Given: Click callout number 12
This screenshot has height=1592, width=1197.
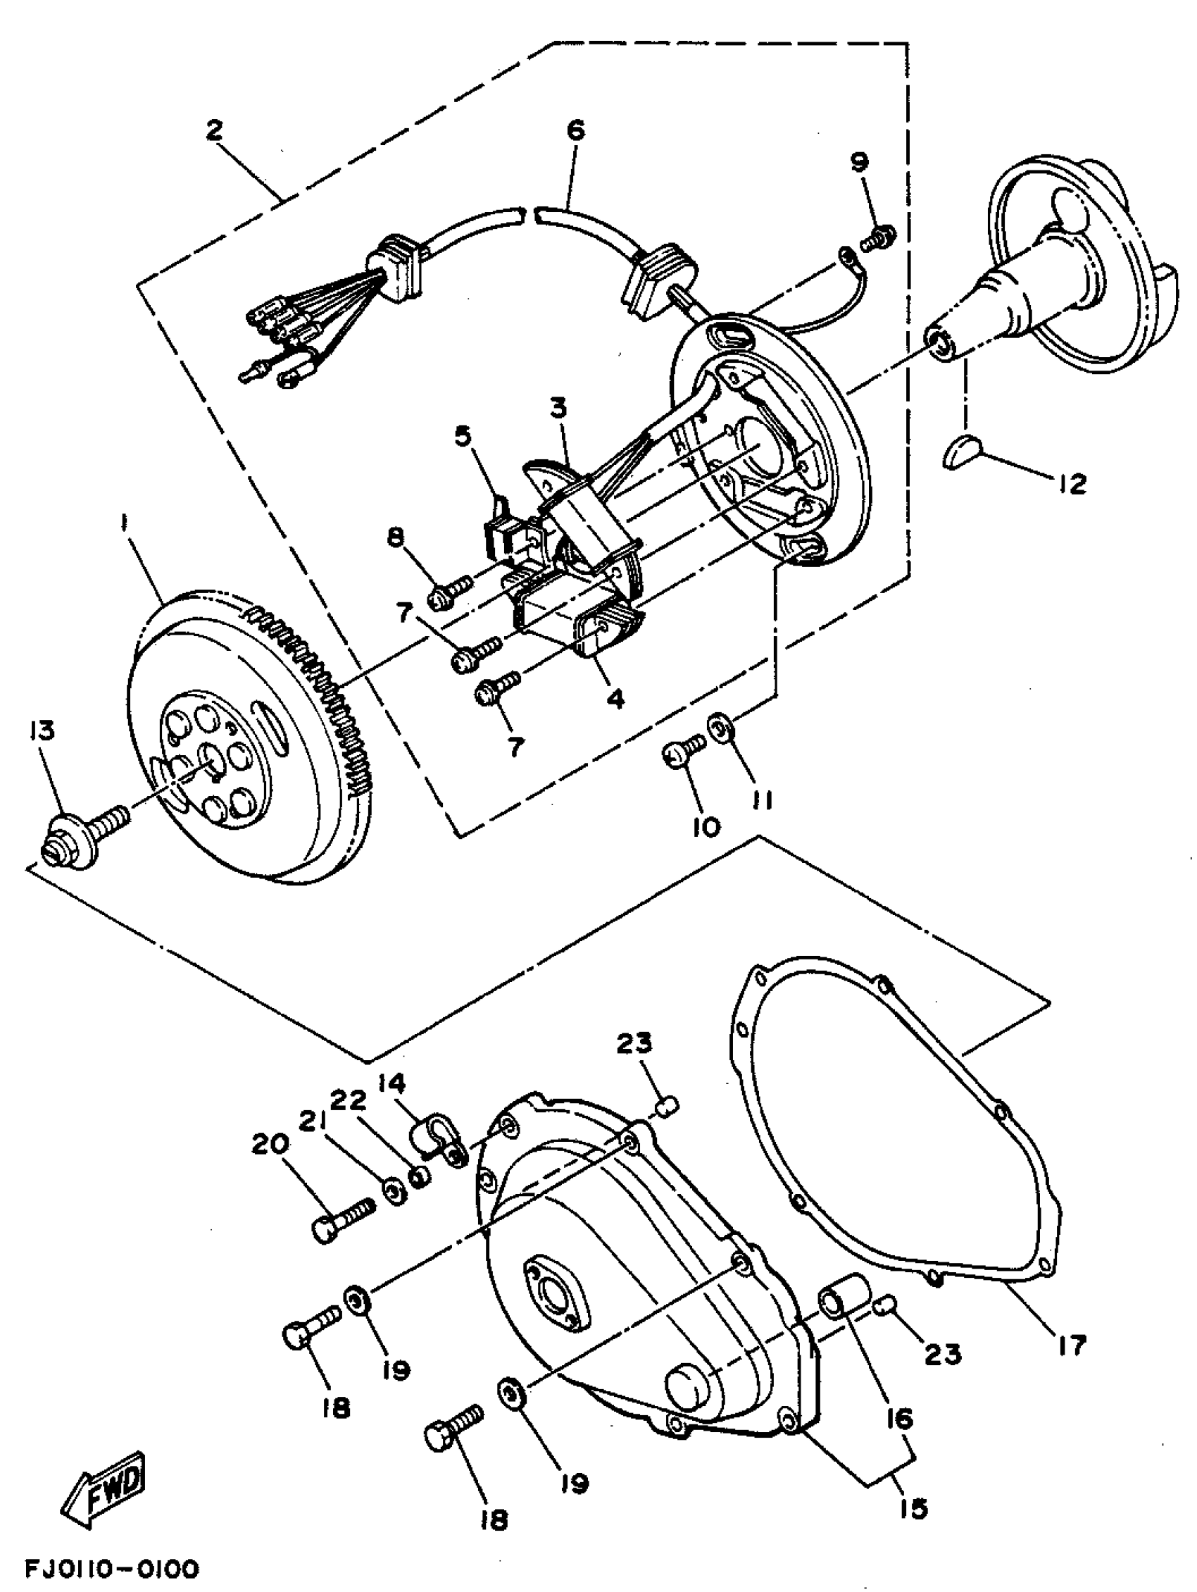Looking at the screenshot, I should click(x=1072, y=485).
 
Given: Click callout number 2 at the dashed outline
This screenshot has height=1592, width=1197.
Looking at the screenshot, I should click(x=213, y=130).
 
